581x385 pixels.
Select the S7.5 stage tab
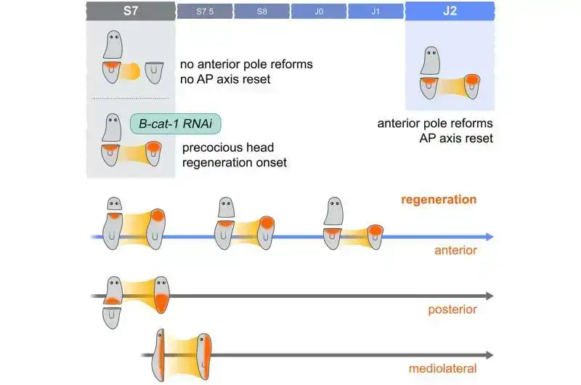205,10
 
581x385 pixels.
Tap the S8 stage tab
261,10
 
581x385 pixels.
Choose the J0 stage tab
318,10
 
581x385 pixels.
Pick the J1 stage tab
375,10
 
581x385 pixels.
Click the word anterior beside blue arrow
456,251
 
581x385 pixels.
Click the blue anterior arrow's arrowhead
489,237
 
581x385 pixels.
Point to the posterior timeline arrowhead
489,296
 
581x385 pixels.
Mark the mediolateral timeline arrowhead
489,355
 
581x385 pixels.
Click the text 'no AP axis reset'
225,78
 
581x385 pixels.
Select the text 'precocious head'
221,147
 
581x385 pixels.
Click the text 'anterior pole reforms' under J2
435,123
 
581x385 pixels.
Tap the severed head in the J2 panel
431,60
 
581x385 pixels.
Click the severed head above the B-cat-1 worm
112,127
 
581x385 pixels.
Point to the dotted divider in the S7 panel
131,98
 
